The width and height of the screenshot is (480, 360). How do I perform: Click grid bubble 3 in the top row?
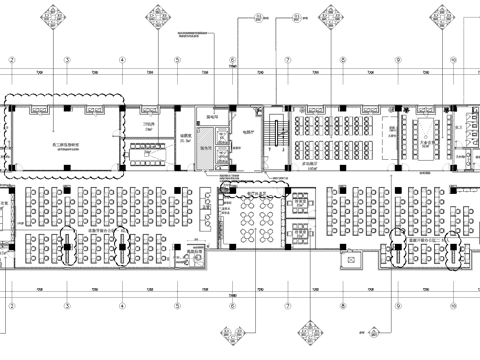click(66, 59)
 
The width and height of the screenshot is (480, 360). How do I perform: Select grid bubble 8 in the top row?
click(342, 59)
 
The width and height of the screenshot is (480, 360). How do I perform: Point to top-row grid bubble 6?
click(232, 59)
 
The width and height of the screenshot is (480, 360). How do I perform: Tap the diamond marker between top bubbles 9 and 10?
click(440, 15)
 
